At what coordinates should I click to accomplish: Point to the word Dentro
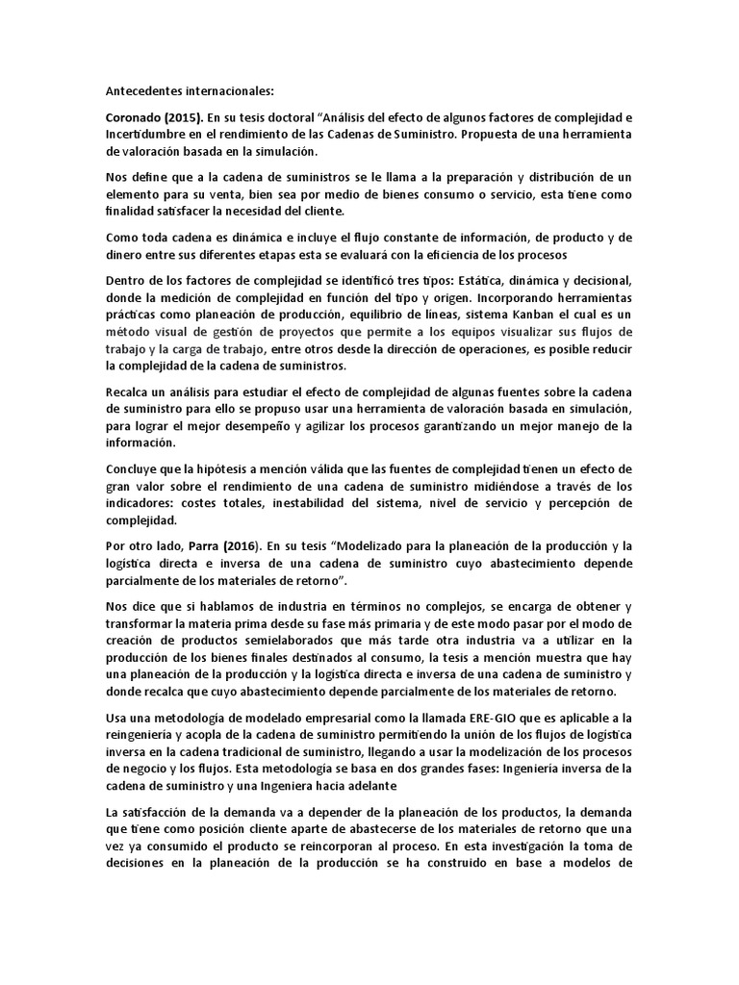coord(127,280)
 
